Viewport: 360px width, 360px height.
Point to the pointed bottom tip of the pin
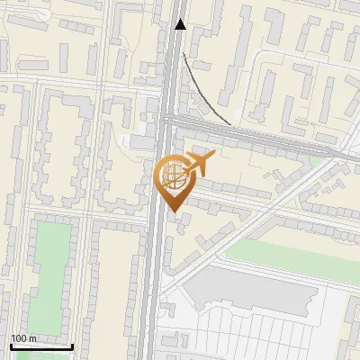click(x=173, y=211)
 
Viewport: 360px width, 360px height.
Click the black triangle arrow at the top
click(x=181, y=24)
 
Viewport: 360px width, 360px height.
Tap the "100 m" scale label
click(x=23, y=338)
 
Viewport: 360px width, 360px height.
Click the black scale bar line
click(x=41, y=346)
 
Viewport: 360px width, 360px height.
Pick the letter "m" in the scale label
click(x=32, y=338)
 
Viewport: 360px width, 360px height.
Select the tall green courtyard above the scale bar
click(x=50, y=270)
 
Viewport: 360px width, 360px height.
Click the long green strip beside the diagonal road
click(x=288, y=252)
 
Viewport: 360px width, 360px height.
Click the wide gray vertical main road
click(x=155, y=270)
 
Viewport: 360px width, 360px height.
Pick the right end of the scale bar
click(x=73, y=346)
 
